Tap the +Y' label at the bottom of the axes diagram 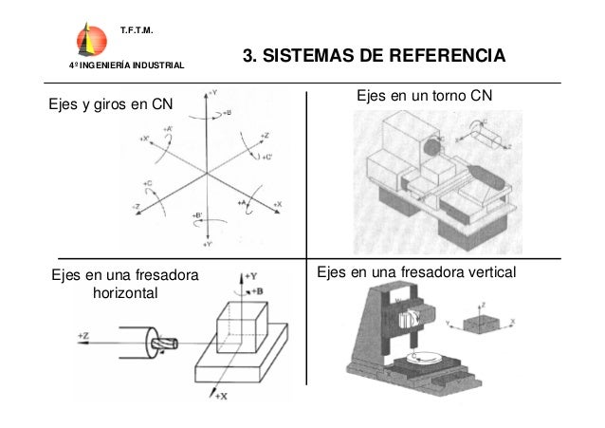209,244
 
